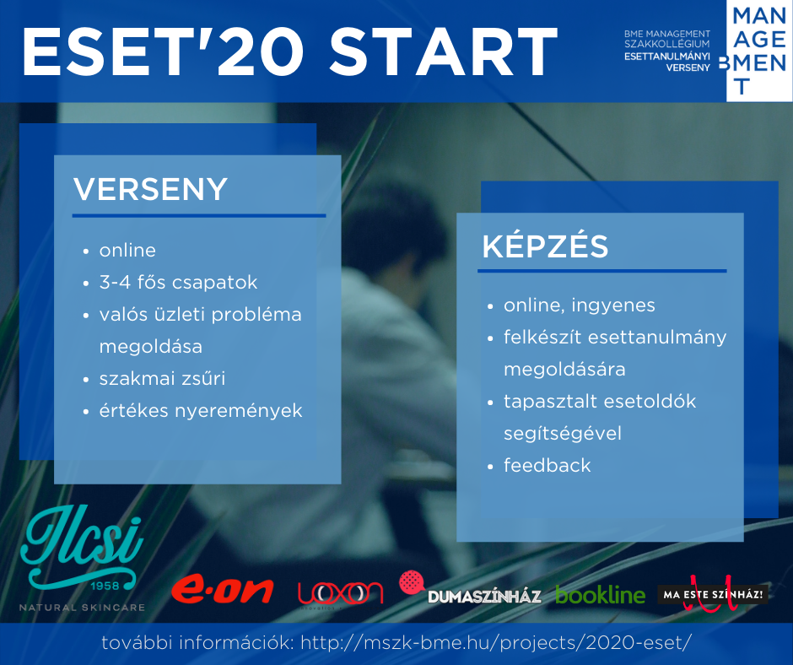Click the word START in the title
(444, 51)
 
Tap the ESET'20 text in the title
(163, 51)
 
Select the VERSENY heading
(150, 189)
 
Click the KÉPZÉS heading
(545, 246)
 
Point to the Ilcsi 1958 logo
(82, 558)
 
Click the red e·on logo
(222, 590)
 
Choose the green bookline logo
(601, 594)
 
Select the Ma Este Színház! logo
(713, 593)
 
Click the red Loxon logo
(340, 593)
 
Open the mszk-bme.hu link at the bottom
(496, 643)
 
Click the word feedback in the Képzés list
(547, 465)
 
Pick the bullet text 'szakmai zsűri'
(162, 379)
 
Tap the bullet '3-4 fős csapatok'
(178, 283)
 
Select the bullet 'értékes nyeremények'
(201, 410)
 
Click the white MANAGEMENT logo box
(759, 51)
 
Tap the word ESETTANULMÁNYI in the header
(667, 57)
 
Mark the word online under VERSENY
(127, 250)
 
